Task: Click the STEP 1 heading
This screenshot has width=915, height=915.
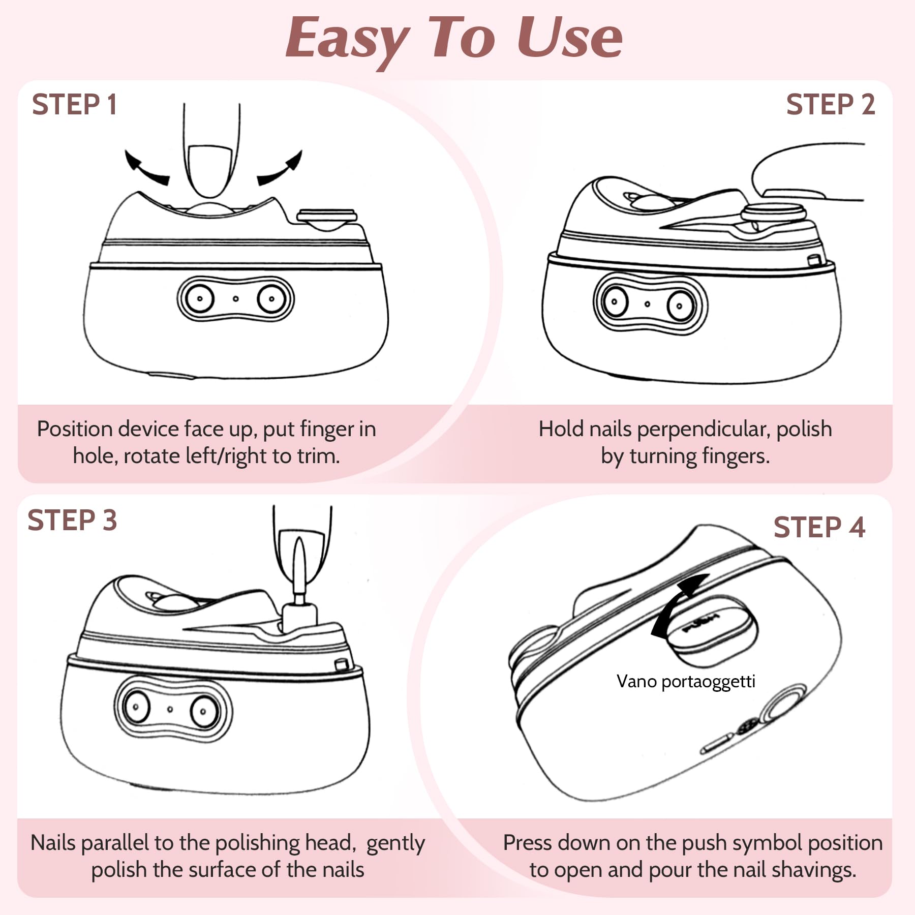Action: point(74,105)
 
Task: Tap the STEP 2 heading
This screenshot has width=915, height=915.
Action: point(830,105)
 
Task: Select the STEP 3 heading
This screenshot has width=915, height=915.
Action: point(72,521)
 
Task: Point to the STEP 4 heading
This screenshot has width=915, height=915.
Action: point(819,527)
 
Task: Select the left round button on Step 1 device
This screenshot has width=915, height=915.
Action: point(199,298)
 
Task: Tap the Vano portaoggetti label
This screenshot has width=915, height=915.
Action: point(686,682)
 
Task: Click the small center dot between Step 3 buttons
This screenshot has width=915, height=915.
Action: point(170,709)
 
